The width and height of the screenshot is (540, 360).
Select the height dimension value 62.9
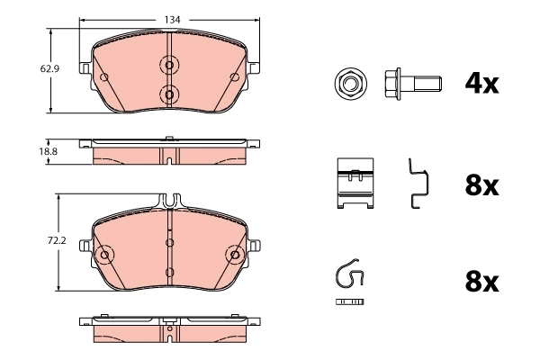point(37,67)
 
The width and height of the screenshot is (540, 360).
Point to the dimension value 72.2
point(37,241)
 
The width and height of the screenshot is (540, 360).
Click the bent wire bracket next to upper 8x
point(417,184)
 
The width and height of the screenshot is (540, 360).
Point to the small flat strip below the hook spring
point(350,300)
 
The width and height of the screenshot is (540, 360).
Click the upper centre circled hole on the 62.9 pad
point(168,65)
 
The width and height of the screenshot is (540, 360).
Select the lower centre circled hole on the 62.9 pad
point(168,93)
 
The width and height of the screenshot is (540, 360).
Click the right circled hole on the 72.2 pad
point(236,256)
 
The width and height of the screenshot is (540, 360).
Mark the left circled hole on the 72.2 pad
point(103,256)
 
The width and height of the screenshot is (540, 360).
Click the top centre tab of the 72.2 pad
point(169,201)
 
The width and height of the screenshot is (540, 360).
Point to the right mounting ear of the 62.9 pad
point(256,67)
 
